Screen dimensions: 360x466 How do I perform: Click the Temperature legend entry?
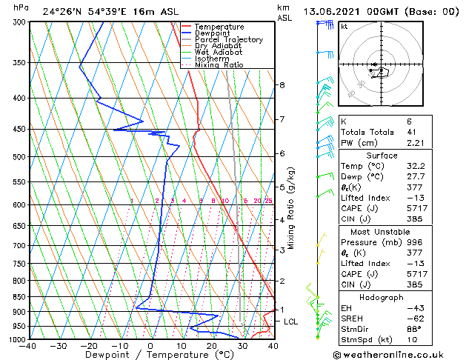tap(219, 27)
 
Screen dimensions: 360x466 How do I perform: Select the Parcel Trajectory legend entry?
tap(228, 39)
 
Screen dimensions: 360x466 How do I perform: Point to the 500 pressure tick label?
tap(20, 157)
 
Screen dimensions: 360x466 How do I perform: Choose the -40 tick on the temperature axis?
tap(28, 346)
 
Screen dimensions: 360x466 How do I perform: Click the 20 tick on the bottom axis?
tap(211, 346)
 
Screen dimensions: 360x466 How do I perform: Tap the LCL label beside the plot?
tap(291, 321)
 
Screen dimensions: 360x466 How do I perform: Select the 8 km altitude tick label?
tap(282, 85)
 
